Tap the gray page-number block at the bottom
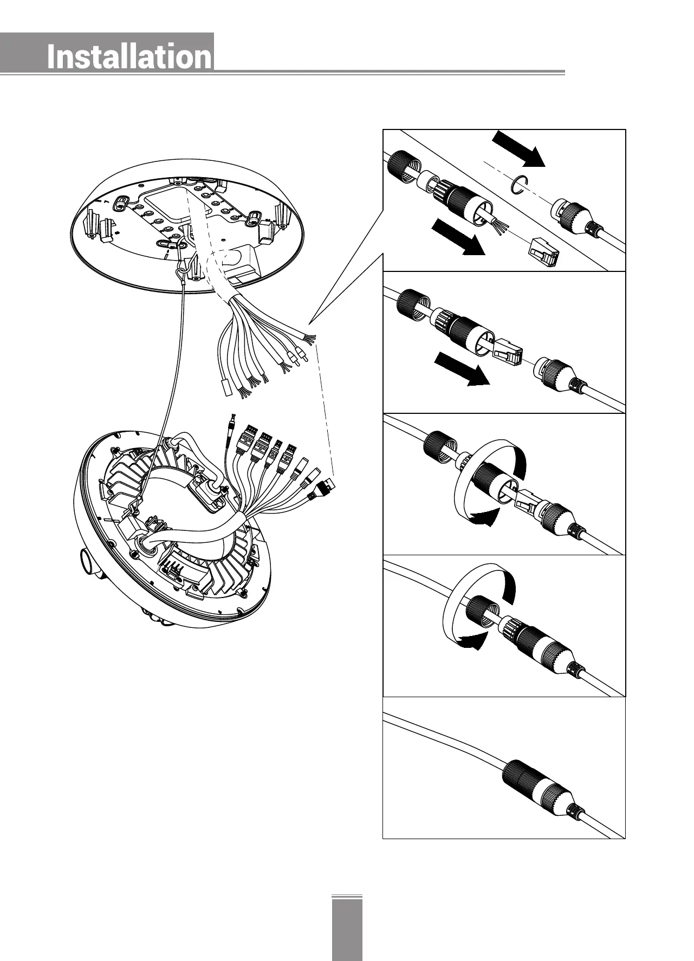[347, 928]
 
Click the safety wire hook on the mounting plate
[182, 271]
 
